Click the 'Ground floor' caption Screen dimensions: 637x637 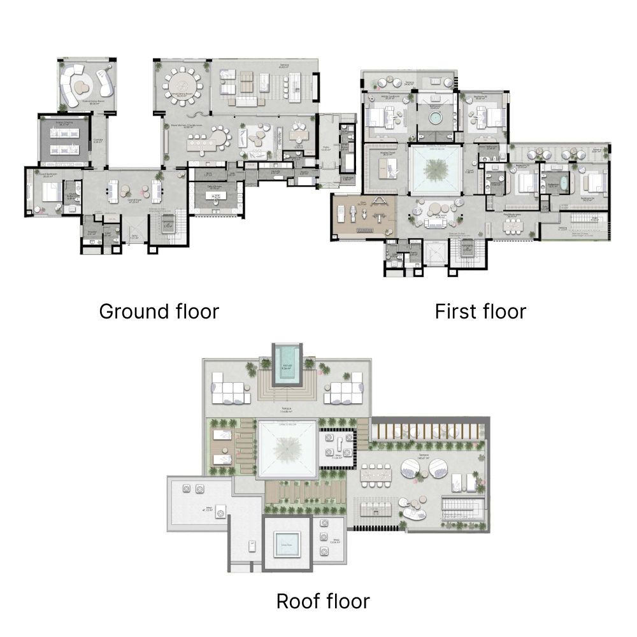pos(159,311)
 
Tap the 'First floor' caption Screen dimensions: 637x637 pos(480,311)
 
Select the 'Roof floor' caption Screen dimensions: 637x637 pos(322,601)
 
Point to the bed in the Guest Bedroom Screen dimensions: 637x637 pos(50,190)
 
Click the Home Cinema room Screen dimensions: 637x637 pos(64,140)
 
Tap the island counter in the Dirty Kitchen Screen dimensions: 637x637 pos(217,197)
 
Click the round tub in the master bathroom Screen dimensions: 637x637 pos(436,119)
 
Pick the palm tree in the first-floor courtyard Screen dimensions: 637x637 pos(436,170)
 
